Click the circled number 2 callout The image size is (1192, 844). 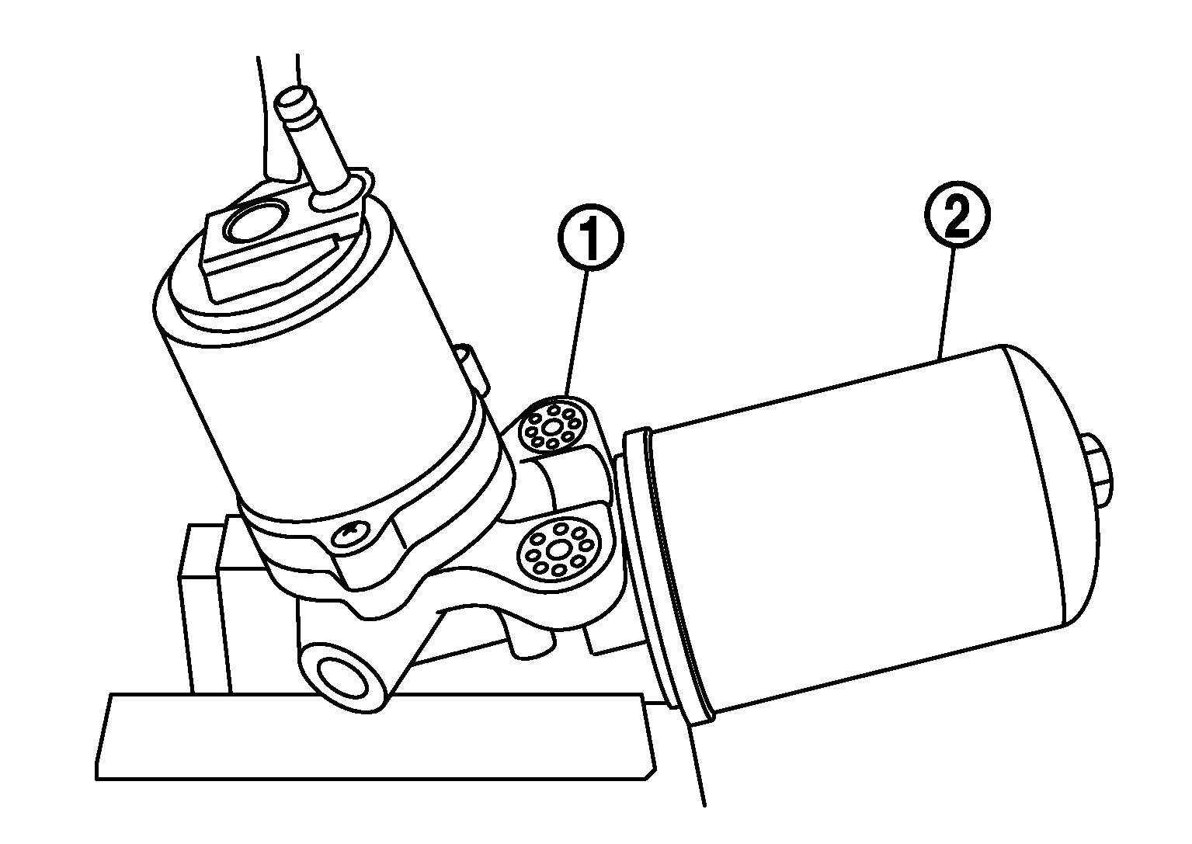coord(957,214)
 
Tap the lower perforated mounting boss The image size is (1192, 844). coord(558,550)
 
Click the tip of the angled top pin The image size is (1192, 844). coord(295,97)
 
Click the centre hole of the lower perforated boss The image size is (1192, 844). coord(558,551)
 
